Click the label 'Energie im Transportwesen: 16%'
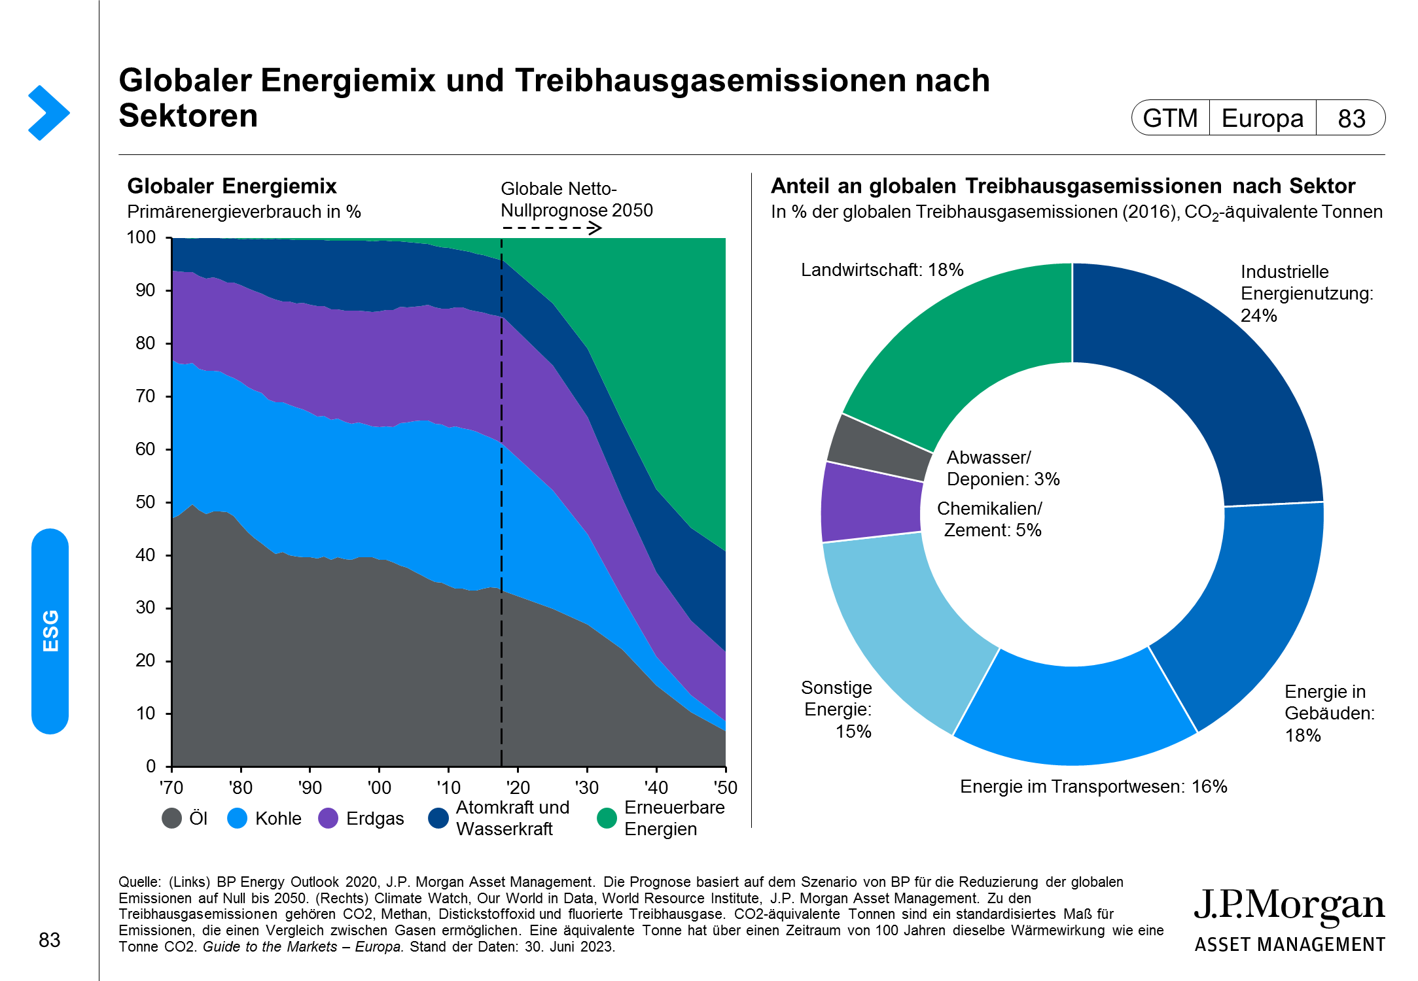click(x=1093, y=787)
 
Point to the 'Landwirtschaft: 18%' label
click(x=881, y=270)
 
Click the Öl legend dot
click(x=171, y=818)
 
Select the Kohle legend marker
click(x=238, y=818)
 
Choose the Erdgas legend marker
click(x=328, y=818)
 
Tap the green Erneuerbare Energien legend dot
click(x=607, y=818)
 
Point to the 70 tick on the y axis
click(x=145, y=396)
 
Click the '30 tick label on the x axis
click(x=586, y=787)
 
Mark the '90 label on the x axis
click(x=310, y=787)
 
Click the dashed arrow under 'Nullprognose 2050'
click(x=552, y=228)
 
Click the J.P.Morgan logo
click(x=1289, y=919)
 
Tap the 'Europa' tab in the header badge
click(x=1262, y=118)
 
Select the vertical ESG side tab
click(x=50, y=631)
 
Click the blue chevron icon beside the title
click(x=48, y=112)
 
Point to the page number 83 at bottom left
click(x=50, y=940)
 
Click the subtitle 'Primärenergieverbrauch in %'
click(x=244, y=212)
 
